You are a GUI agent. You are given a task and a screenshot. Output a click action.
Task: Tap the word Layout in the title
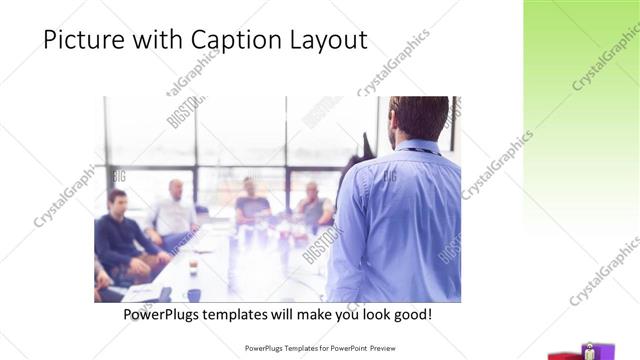click(324, 39)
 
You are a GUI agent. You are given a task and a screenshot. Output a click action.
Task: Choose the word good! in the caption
click(411, 314)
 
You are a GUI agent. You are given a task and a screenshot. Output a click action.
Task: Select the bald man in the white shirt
click(176, 211)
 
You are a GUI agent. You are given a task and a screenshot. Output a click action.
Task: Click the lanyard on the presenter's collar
click(420, 150)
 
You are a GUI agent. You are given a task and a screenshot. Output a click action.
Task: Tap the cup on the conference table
click(193, 268)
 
